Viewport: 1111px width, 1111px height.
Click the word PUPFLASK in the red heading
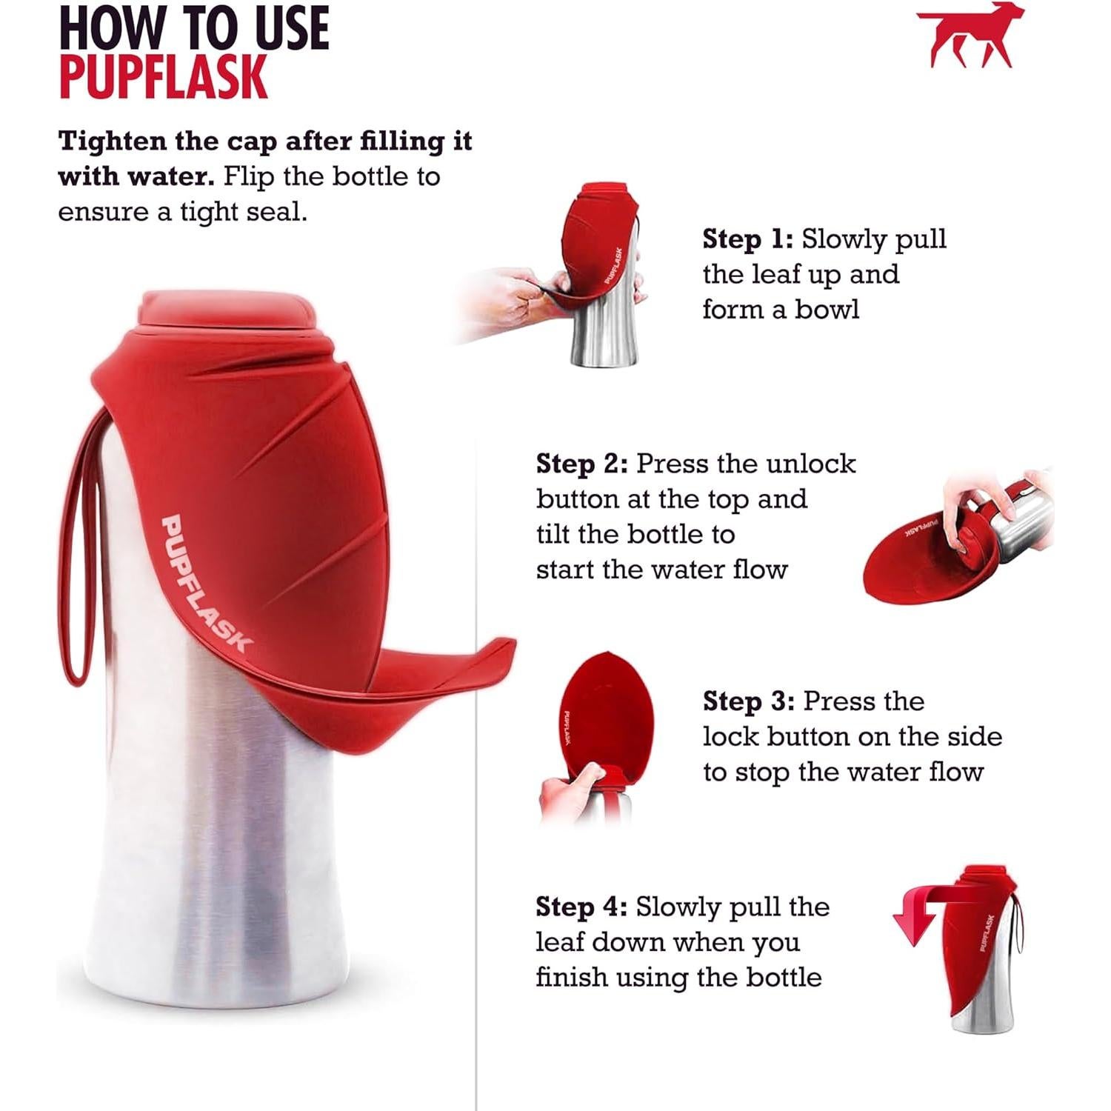tap(163, 77)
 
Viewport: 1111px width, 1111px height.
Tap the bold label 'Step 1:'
tap(747, 239)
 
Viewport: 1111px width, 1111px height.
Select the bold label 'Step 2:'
tap(581, 464)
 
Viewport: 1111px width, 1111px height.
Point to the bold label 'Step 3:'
tap(748, 701)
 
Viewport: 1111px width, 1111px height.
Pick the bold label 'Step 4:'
tap(581, 907)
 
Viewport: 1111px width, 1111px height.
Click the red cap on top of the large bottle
tap(226, 311)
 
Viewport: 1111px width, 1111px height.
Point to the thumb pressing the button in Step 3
tap(585, 778)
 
